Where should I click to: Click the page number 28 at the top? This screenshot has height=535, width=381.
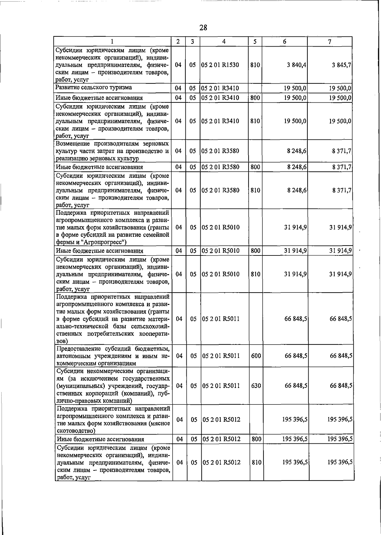pos(203,28)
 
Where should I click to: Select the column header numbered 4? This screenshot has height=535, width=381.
pos(224,42)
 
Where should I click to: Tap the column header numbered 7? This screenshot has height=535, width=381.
pos(330,42)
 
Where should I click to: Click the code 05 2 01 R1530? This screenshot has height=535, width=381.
pos(220,65)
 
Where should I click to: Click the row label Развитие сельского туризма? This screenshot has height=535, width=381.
pos(94,87)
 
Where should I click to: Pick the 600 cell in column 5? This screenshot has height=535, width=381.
pos(256,356)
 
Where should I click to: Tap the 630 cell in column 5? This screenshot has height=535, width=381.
pos(256,386)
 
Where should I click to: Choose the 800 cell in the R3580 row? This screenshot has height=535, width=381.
pos(255,167)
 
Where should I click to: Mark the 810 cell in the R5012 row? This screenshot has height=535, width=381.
pos(256,462)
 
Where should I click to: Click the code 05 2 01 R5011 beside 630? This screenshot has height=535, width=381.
pos(221,386)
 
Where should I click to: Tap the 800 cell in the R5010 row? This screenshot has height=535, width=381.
pos(255,251)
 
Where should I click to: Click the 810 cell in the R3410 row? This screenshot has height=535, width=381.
pos(255,121)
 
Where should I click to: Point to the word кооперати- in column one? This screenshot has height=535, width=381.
pos(154,334)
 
